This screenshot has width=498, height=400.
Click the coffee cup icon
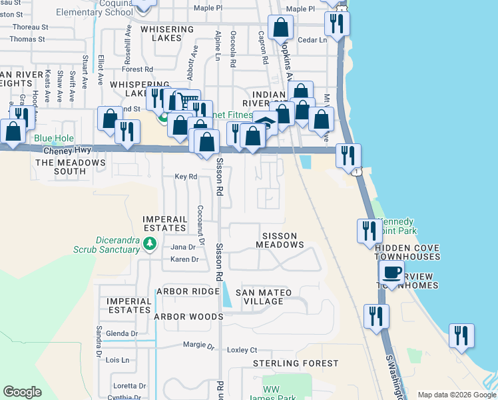click(x=391, y=273)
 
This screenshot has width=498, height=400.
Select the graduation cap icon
click(x=265, y=123)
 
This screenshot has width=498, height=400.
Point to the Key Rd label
click(x=186, y=177)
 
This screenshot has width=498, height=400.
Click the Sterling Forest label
click(x=296, y=363)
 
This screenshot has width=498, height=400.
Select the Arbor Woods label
click(x=189, y=317)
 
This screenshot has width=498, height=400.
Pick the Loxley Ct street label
click(x=242, y=349)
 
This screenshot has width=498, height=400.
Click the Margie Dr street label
click(x=199, y=347)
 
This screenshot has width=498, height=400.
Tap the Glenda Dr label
click(x=121, y=333)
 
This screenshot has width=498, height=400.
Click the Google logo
click(x=22, y=392)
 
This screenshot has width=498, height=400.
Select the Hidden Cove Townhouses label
click(x=406, y=252)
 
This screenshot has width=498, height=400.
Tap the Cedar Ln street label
click(x=313, y=39)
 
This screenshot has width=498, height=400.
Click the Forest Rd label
click(x=138, y=69)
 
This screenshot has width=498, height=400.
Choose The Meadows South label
click(x=70, y=167)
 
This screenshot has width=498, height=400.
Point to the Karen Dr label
click(x=185, y=259)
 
